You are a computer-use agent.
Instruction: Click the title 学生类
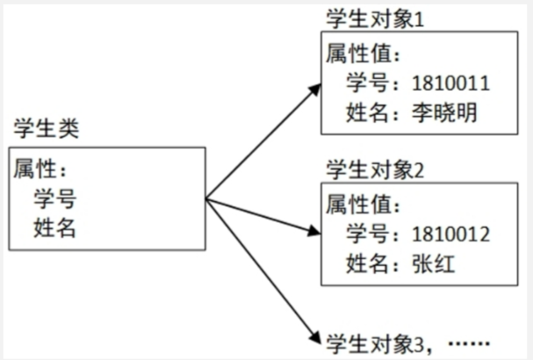46,129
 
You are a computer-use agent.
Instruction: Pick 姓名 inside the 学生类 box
55,227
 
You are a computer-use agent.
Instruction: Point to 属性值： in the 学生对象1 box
363,54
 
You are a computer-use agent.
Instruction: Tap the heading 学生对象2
375,169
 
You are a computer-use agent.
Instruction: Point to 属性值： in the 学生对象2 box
363,205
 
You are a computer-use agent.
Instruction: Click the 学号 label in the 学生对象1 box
367,83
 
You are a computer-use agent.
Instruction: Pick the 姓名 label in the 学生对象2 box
367,263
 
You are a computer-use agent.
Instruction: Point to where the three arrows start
206,198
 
